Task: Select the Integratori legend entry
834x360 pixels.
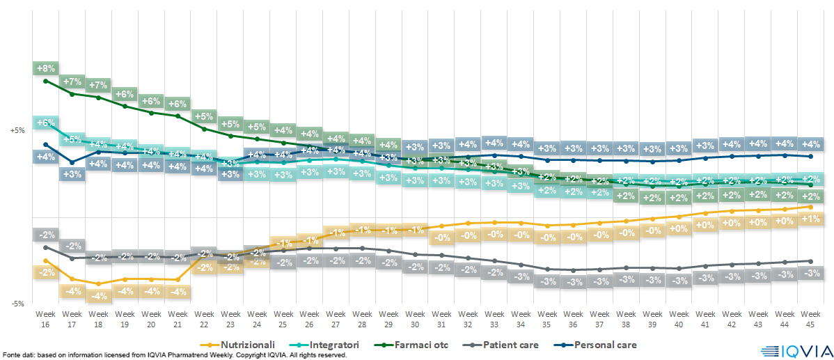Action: [332, 345]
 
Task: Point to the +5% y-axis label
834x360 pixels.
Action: [17, 130]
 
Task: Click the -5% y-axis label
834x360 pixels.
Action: [17, 304]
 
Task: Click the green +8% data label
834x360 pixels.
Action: [46, 68]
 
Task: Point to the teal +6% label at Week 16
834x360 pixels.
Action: [46, 123]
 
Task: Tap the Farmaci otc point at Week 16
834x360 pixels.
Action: [46, 81]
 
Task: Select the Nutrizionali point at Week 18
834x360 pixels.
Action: [99, 284]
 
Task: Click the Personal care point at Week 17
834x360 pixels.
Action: [72, 162]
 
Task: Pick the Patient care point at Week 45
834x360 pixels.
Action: [810, 261]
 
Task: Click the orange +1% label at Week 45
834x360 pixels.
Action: [810, 219]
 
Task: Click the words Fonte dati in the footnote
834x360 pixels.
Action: [19, 355]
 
